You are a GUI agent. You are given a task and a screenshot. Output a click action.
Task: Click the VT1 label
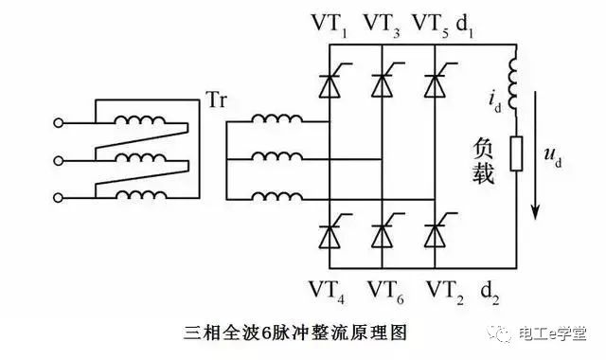(329, 22)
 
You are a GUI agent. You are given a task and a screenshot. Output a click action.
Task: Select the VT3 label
(382, 22)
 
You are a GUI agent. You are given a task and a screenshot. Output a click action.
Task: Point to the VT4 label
(329, 287)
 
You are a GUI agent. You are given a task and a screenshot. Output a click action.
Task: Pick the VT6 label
(383, 287)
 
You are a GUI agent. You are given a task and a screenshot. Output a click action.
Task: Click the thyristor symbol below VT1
(328, 84)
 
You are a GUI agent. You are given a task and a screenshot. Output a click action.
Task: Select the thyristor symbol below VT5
(436, 84)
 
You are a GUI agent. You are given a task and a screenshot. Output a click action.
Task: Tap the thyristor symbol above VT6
(382, 231)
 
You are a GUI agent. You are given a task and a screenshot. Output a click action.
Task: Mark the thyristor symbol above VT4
(328, 231)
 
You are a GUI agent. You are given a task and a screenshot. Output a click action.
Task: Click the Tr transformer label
(214, 99)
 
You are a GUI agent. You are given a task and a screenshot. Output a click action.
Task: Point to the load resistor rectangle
(516, 154)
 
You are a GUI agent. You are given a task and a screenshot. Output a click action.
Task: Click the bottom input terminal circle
(60, 197)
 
